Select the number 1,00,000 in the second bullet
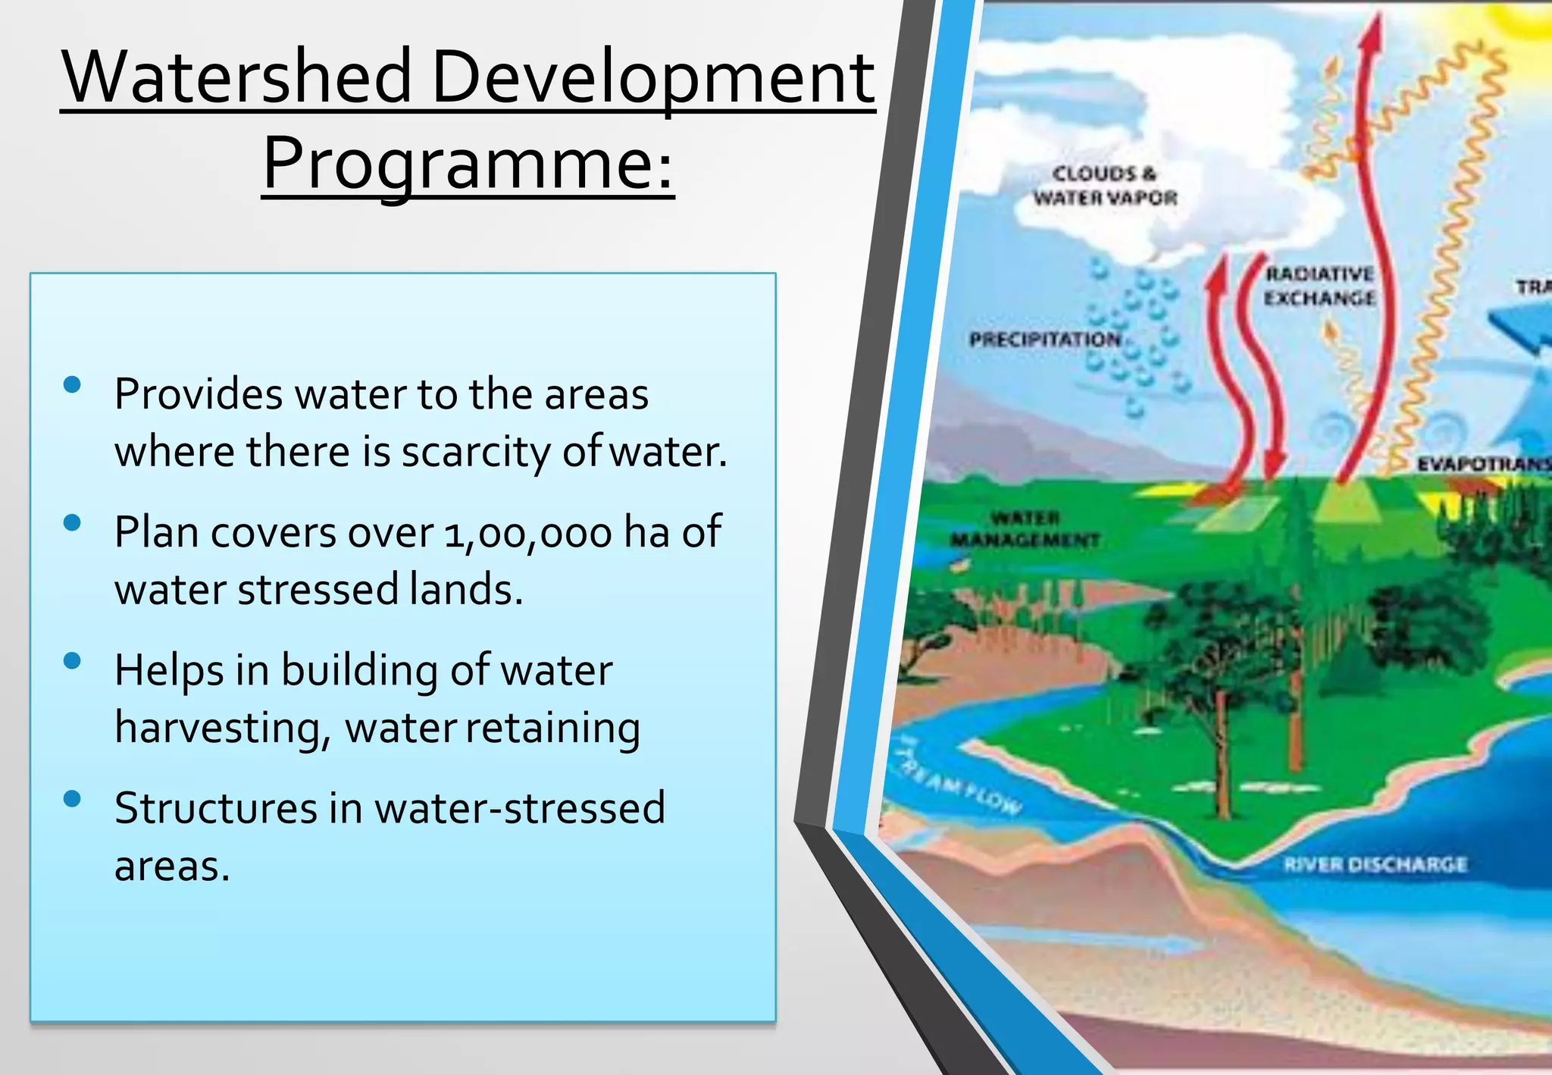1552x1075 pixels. click(528, 533)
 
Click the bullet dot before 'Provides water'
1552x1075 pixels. click(73, 385)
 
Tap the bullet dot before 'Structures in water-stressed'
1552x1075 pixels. click(73, 799)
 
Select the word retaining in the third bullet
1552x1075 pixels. click(552, 729)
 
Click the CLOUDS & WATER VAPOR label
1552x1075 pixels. click(1105, 186)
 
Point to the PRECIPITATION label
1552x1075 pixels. click(1044, 340)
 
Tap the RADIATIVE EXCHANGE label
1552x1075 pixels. click(1319, 286)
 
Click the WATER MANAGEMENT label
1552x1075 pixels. click(1025, 529)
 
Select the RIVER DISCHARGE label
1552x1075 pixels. click(1375, 864)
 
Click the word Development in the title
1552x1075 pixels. click(652, 77)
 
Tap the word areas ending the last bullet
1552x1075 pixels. click(171, 867)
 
